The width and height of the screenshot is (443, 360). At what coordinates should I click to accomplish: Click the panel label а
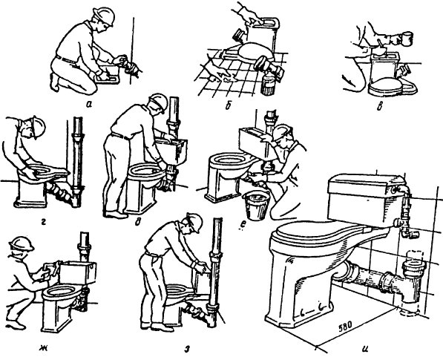pos(89,105)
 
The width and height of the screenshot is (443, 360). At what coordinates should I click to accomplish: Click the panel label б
pos(228,106)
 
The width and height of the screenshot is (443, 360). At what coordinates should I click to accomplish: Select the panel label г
pos(44,223)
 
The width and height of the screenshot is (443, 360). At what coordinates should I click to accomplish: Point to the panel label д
pos(137,223)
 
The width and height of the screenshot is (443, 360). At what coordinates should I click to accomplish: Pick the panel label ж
pos(43,347)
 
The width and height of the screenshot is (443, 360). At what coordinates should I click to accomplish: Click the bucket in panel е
pos(257,205)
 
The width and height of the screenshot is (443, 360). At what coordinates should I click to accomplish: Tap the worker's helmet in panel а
pos(105,16)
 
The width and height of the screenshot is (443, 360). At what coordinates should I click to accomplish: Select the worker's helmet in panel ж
pos(22,243)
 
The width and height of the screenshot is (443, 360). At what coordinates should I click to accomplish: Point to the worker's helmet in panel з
pos(194,221)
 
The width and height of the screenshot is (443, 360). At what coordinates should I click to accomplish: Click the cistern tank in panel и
pos(365,199)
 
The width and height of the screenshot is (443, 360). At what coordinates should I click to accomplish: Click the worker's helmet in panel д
pos(159,102)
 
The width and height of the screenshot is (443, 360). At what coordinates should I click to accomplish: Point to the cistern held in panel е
pos(254,142)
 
